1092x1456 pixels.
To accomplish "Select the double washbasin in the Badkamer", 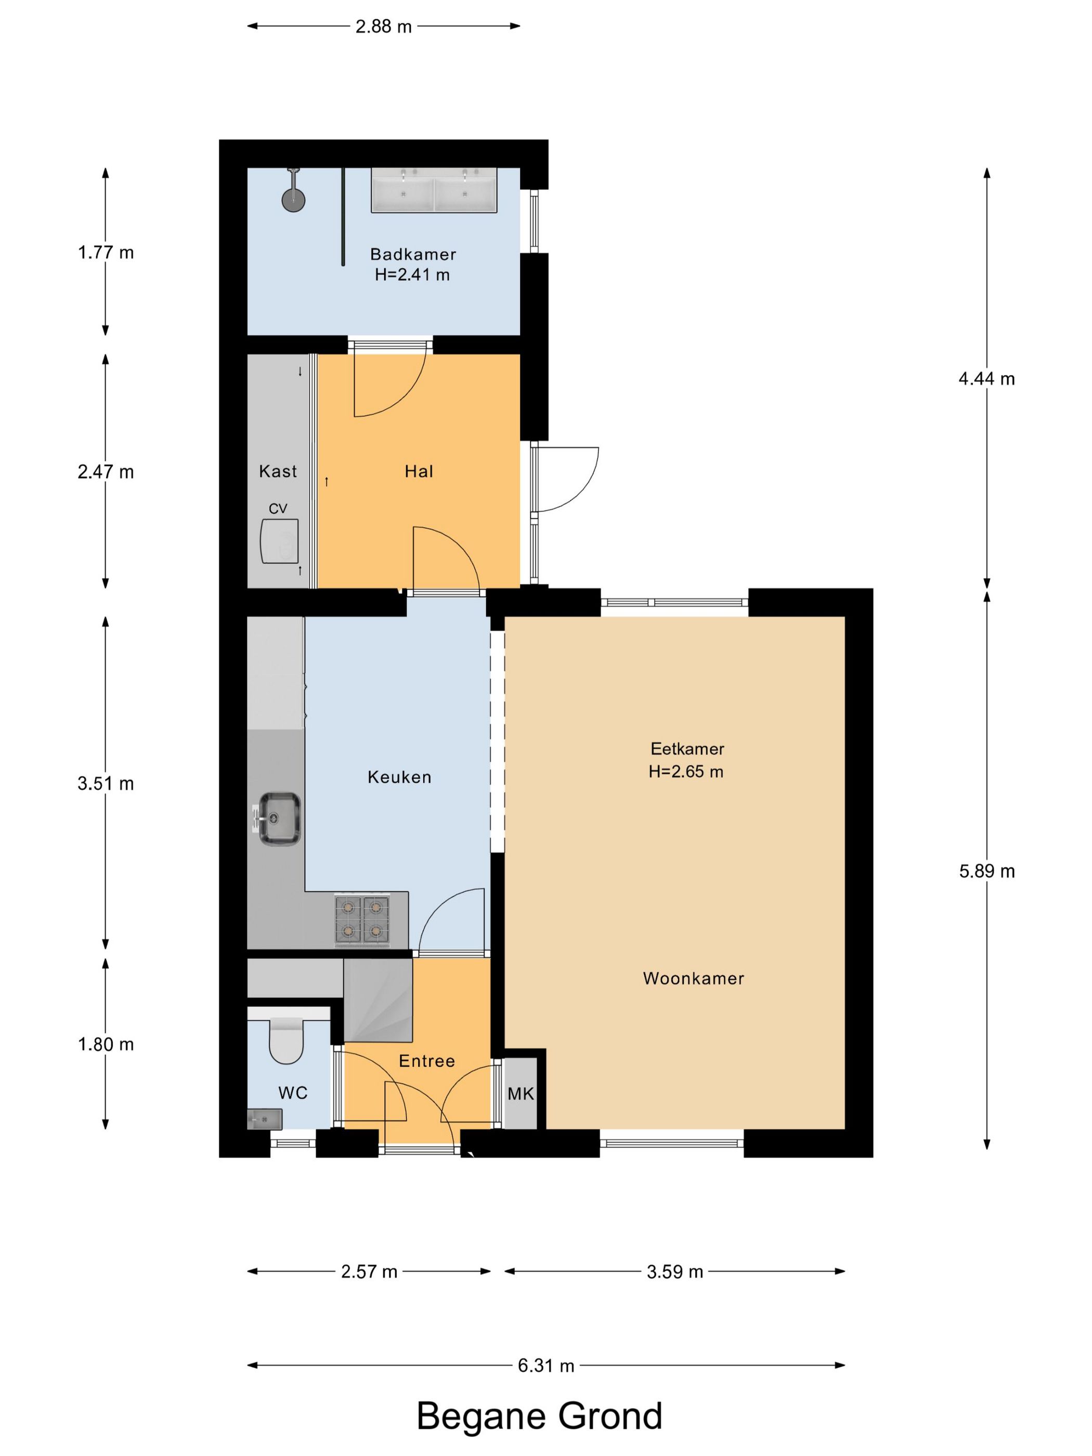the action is pyautogui.click(x=434, y=190).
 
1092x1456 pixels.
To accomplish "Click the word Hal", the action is pyautogui.click(x=419, y=471).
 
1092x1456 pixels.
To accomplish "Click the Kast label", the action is pyautogui.click(x=278, y=471).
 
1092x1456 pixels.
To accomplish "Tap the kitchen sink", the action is pyautogui.click(x=278, y=819).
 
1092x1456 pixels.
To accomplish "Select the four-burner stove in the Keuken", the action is pyautogui.click(x=362, y=920).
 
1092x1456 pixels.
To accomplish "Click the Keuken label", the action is pyautogui.click(x=399, y=777).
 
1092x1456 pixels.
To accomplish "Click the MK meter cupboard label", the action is pyautogui.click(x=521, y=1094).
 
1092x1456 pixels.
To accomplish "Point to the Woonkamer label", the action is pyautogui.click(x=693, y=979).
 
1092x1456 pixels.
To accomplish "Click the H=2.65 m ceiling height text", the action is pyautogui.click(x=686, y=772).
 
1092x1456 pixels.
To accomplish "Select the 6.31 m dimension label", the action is pyautogui.click(x=545, y=1366).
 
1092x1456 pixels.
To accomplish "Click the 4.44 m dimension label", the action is pyautogui.click(x=986, y=379).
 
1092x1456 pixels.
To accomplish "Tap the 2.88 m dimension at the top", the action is pyautogui.click(x=384, y=27).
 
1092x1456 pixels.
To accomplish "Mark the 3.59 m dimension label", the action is pyautogui.click(x=674, y=1272).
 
